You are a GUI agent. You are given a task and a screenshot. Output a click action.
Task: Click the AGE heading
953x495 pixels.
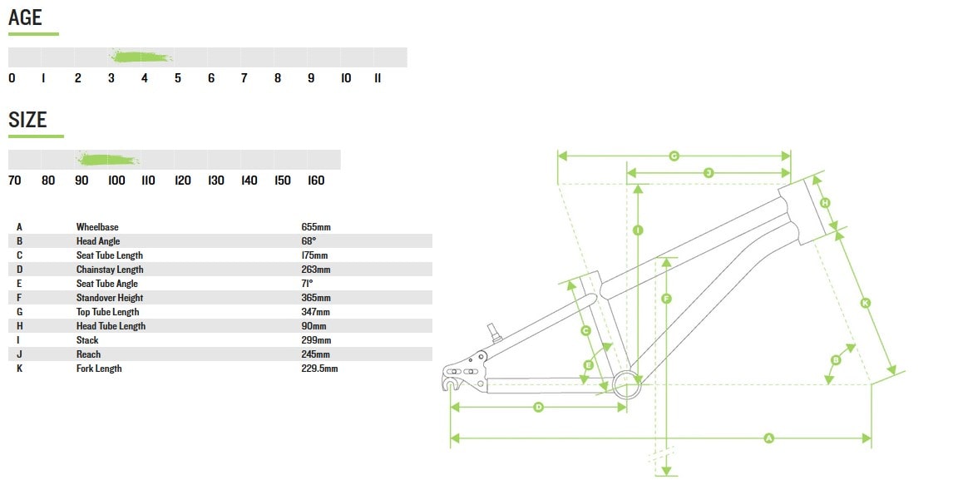[x=25, y=17]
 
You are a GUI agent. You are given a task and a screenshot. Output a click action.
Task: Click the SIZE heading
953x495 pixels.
[x=27, y=120]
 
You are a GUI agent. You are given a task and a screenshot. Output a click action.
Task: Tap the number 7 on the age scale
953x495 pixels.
[x=244, y=78]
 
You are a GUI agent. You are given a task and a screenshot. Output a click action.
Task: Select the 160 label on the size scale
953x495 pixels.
[x=316, y=181]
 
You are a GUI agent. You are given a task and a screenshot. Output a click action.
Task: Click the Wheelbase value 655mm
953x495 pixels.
[x=316, y=227]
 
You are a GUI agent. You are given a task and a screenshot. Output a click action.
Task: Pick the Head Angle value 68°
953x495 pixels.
[x=309, y=241]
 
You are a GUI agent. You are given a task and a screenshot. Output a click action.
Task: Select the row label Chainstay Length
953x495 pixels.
[x=110, y=270]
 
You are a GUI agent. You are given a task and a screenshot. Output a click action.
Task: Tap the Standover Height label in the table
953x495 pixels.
[x=110, y=298]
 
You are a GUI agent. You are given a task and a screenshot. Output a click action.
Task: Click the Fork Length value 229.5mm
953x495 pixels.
[x=319, y=369]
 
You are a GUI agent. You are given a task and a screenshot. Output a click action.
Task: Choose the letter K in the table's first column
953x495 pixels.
[x=19, y=369]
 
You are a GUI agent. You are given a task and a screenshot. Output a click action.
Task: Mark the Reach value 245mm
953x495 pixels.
[x=316, y=354]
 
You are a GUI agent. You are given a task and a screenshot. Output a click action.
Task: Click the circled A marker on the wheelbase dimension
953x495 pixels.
[x=768, y=438]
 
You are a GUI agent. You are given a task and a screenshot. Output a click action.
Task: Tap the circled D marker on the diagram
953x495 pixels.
[x=538, y=407]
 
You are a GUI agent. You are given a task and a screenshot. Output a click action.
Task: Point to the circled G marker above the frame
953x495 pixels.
[x=674, y=156]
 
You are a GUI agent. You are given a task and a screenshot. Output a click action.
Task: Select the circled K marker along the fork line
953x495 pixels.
[x=865, y=303]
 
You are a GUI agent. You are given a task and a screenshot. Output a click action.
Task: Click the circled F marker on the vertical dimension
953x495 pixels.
[x=666, y=299]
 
